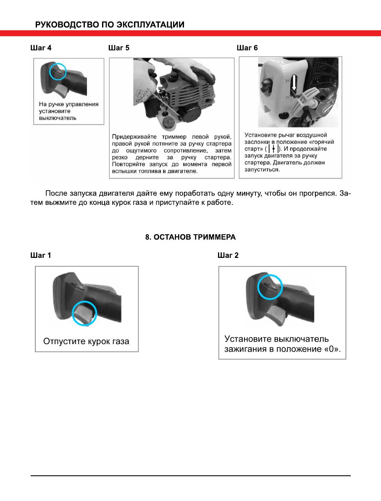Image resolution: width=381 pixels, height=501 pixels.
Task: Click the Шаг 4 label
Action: tap(41, 48)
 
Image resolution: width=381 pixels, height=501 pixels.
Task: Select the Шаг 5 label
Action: tap(119, 48)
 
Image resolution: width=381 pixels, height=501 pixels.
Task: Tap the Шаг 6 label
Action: tap(247, 48)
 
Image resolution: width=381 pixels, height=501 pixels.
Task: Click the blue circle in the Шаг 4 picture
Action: tap(58, 71)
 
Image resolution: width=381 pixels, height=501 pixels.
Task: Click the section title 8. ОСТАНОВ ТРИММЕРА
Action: tap(190, 237)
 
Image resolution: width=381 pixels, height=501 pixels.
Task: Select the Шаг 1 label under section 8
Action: tap(41, 255)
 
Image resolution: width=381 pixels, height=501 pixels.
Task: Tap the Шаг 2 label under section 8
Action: tap(228, 255)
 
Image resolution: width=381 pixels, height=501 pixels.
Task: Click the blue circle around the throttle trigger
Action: tap(84, 313)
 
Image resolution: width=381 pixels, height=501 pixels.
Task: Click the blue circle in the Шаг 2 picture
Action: tap(270, 287)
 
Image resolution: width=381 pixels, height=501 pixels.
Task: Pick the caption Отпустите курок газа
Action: tap(87, 341)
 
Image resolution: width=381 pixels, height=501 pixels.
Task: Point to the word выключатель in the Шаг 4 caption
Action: tap(58, 118)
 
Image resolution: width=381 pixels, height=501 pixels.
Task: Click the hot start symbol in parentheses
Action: tap(273, 149)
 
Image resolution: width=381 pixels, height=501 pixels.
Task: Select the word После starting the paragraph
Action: tap(56, 194)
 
